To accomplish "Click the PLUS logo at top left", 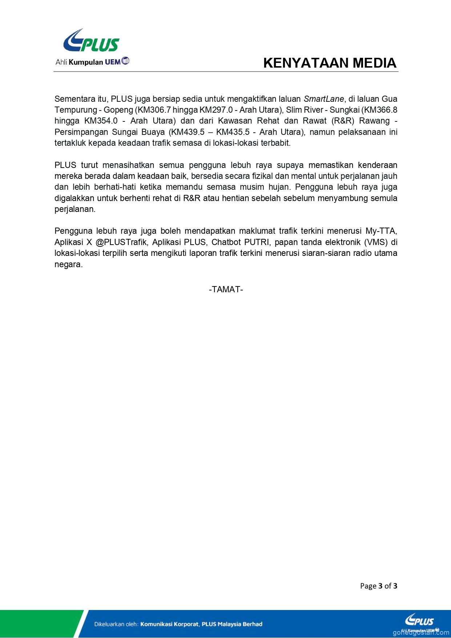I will tap(91, 41).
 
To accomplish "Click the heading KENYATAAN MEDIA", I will tap(330, 63).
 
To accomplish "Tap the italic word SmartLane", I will tap(323, 99).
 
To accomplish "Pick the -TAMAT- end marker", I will tap(226, 289).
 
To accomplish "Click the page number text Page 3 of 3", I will tap(378, 586).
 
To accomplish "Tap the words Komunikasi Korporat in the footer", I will tap(169, 624).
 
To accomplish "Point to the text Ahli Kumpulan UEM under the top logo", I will tap(92, 62).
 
